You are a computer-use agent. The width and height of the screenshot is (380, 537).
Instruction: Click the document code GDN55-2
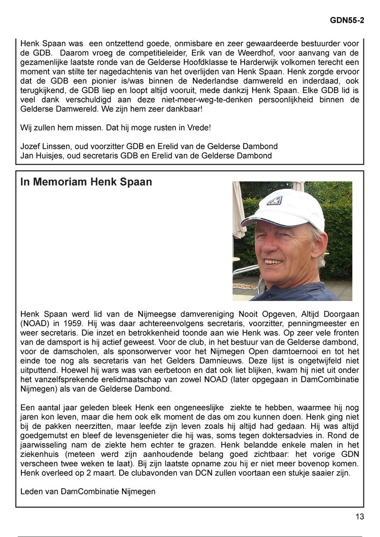pos(347,21)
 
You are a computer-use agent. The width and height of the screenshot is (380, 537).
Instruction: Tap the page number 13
pos(360,517)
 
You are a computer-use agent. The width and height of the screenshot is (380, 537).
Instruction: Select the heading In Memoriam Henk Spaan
pos(86,182)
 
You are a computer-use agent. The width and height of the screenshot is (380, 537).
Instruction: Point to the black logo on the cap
pos(274,200)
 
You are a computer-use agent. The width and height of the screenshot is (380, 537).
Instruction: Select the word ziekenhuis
pos(39,453)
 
